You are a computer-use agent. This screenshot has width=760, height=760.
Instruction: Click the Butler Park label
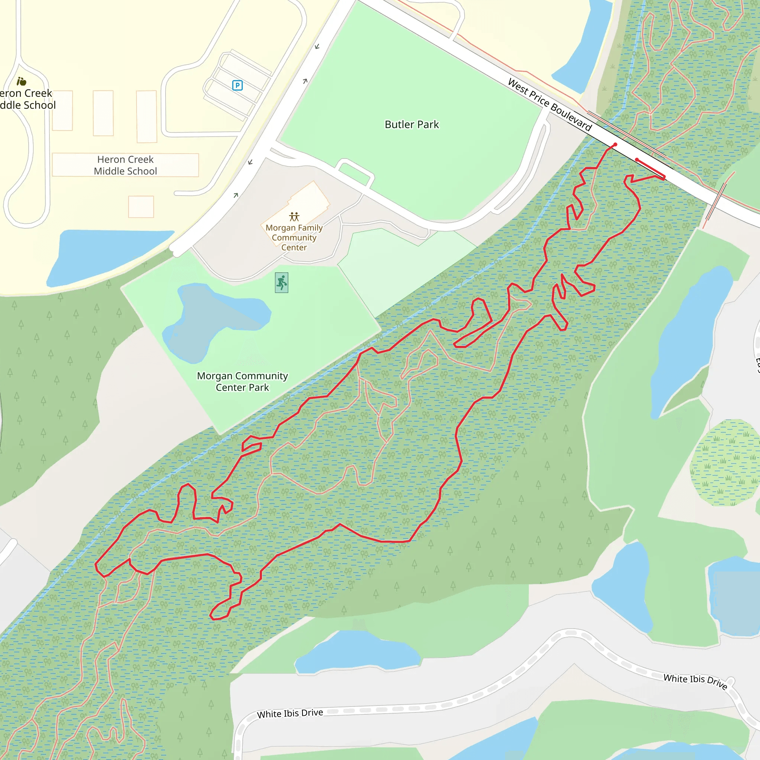pos(412,125)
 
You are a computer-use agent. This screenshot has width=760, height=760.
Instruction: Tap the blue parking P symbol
pos(237,85)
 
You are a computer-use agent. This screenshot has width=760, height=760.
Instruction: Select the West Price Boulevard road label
pos(550,105)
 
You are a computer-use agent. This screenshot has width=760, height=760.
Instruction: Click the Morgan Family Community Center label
pos(294,237)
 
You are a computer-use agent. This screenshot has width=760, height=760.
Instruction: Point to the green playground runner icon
pos(282,282)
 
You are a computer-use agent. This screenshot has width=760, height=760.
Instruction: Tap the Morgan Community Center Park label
pos(242,381)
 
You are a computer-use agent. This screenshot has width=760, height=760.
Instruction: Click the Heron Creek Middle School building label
pos(125,165)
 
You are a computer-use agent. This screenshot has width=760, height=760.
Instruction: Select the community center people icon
pos(294,217)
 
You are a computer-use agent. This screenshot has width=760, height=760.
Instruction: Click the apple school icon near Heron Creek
pos(21,81)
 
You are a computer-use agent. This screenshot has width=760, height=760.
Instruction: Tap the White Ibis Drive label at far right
pos(695,681)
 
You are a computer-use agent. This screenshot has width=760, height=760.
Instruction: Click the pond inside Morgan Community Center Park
pos(212,319)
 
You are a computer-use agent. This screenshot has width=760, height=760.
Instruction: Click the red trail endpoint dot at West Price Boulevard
pos(615,145)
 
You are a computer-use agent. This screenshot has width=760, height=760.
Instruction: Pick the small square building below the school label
pos(141,207)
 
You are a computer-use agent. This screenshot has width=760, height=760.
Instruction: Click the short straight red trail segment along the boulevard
pos(650,168)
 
